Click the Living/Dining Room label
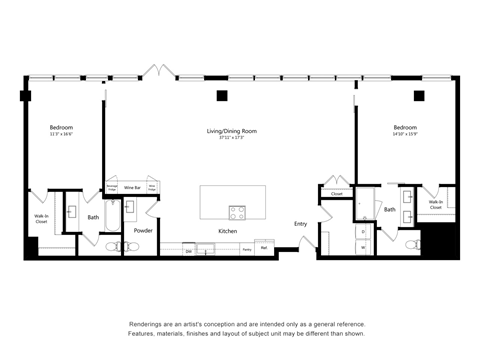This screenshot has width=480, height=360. click(226, 130)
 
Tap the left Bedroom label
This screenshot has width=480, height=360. click(62, 128)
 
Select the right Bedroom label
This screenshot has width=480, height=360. click(405, 128)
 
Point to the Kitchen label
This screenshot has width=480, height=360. click(228, 232)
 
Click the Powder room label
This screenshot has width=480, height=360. click(142, 229)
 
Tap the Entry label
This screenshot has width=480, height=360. click(300, 223)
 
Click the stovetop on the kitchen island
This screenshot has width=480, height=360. click(238, 212)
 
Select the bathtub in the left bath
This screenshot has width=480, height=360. click(56, 247)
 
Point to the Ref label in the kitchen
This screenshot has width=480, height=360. click(264, 247)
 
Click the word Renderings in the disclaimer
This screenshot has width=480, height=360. click(146, 323)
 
